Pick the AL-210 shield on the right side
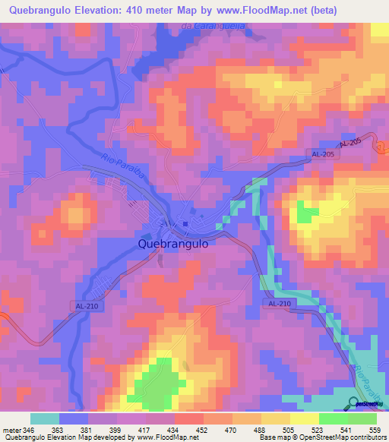tap(279, 303)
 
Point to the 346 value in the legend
tap(30, 430)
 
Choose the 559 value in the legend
tap(375, 430)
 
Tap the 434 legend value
tap(174, 430)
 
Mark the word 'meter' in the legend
tap(11, 430)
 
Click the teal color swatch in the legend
tap(44, 419)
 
